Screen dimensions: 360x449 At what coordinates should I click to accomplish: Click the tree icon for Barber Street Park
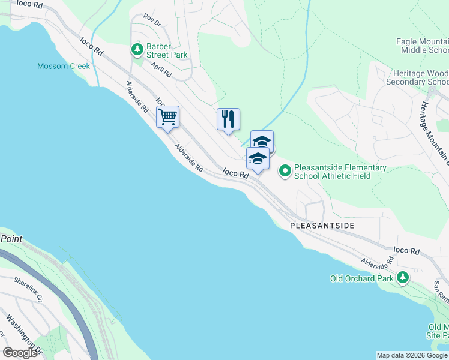137,49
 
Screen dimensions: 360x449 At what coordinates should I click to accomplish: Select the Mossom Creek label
64,66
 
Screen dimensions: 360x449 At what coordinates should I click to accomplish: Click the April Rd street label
161,70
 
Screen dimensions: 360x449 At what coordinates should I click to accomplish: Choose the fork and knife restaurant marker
228,119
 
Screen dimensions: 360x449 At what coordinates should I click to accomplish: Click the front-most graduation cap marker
258,159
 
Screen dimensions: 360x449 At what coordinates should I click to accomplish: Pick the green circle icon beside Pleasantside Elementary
285,172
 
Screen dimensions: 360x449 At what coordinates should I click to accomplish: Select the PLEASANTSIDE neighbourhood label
322,226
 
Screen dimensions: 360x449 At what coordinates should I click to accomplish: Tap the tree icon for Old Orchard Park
403,278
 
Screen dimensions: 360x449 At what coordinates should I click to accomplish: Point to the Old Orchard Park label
362,278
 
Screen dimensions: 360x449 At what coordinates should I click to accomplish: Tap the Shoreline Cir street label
28,289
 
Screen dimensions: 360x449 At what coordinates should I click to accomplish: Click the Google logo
20,353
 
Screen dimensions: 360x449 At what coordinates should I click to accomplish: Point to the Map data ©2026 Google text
412,355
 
